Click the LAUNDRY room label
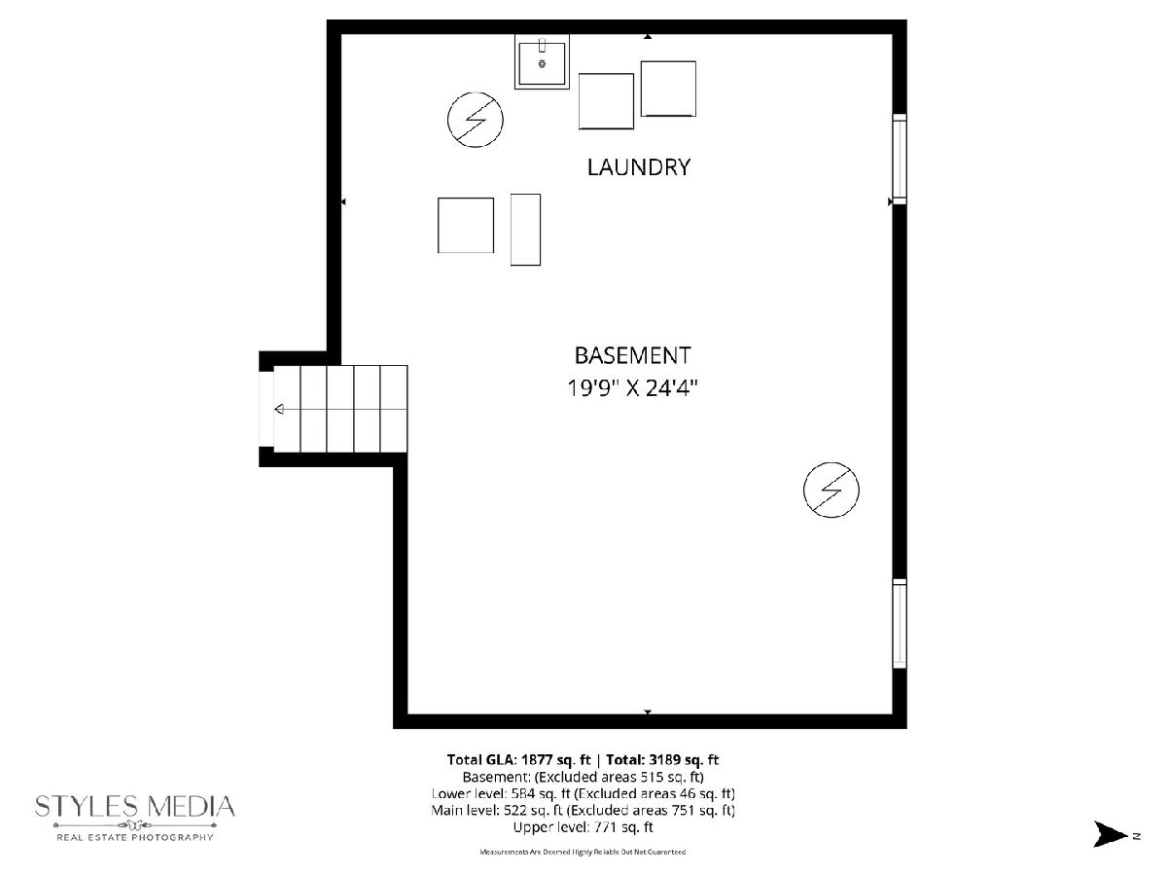(x=639, y=167)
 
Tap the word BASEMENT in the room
(x=633, y=356)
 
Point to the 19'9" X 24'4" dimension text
(x=632, y=387)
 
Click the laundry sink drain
(x=542, y=64)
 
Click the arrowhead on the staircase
(x=279, y=409)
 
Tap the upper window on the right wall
(x=899, y=159)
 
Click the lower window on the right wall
(x=899, y=623)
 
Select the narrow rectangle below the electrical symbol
(x=525, y=230)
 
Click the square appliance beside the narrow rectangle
(x=466, y=225)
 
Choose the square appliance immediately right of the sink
(x=606, y=101)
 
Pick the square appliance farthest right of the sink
(x=668, y=89)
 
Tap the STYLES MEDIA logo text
(x=135, y=806)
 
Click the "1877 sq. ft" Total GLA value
(x=556, y=760)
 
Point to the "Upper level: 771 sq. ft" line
(x=583, y=827)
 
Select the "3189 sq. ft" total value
(x=683, y=760)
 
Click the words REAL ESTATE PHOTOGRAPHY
(x=135, y=838)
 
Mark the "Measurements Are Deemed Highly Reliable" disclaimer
(x=583, y=852)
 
